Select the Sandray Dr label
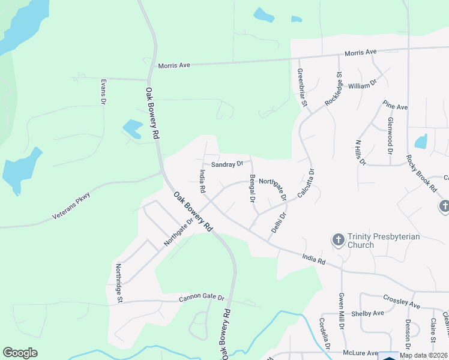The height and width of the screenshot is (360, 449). point(226,163)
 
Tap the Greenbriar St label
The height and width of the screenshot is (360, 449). point(302,88)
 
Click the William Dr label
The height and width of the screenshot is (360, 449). point(362,86)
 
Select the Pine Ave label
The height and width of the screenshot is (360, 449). point(396,106)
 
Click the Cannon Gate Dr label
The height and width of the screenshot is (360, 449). point(201,298)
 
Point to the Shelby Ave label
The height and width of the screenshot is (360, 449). point(368,313)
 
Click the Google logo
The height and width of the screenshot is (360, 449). point(20,353)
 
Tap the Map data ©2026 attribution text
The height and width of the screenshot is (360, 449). point(424,355)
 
